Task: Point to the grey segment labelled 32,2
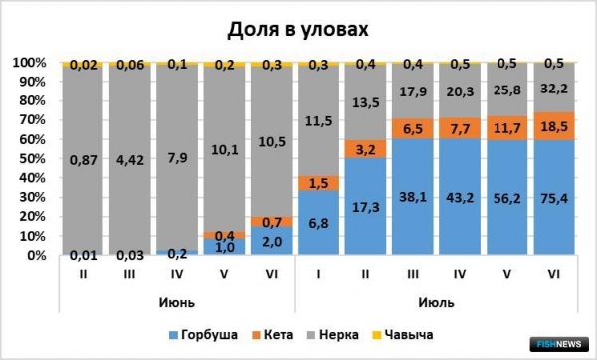(x=554, y=88)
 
